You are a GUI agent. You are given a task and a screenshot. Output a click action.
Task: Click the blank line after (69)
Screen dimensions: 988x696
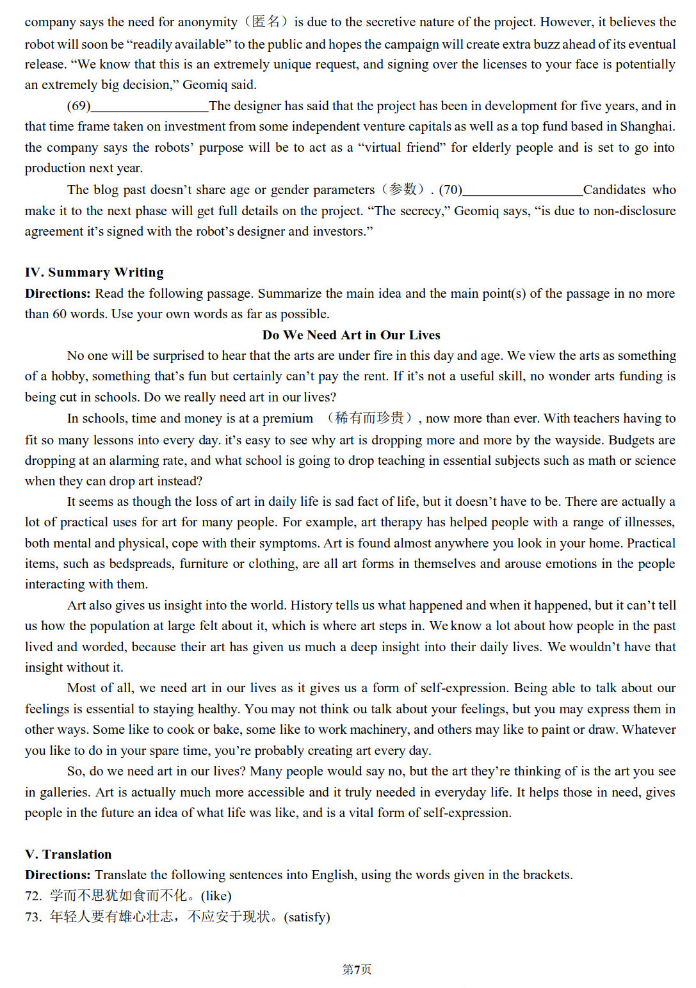pos(149,107)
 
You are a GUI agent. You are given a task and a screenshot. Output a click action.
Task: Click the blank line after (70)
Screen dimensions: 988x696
pos(522,191)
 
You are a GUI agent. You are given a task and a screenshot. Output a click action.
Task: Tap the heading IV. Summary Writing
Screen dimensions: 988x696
pos(94,272)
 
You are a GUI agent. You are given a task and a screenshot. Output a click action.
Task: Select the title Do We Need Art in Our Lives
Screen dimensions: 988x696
pos(351,335)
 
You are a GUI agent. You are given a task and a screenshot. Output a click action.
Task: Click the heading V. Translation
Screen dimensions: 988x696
pos(68,854)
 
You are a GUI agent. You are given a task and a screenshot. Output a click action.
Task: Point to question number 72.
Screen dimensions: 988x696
pos(33,896)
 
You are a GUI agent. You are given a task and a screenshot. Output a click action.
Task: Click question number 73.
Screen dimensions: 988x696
pos(33,917)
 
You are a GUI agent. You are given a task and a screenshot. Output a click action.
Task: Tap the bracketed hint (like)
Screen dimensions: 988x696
pos(216,896)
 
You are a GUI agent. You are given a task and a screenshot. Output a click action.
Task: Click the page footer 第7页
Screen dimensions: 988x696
pos(357,969)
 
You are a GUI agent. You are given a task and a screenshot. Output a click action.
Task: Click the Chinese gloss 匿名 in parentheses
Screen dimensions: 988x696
pos(266,22)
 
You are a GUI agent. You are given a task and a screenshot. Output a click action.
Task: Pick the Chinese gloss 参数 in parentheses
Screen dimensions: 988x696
pos(403,190)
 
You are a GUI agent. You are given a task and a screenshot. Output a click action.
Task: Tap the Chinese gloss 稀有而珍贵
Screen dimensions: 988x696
pos(369,418)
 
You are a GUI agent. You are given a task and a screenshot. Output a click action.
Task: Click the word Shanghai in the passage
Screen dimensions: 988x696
pos(647,127)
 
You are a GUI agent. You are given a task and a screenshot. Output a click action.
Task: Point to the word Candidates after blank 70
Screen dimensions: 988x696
pos(614,190)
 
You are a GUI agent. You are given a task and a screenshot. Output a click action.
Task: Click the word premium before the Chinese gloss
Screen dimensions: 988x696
pos(287,418)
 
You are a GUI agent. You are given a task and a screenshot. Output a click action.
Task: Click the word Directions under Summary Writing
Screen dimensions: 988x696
pos(58,293)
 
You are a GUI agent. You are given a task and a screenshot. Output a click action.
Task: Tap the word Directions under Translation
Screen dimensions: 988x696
pos(58,875)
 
